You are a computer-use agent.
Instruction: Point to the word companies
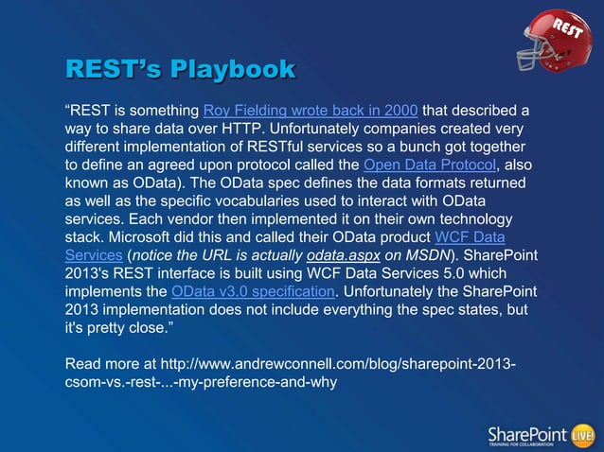(391, 130)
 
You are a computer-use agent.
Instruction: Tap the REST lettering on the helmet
(566, 26)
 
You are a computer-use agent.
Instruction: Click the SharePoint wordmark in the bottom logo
(525, 433)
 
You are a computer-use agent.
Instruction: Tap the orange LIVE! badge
(581, 434)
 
